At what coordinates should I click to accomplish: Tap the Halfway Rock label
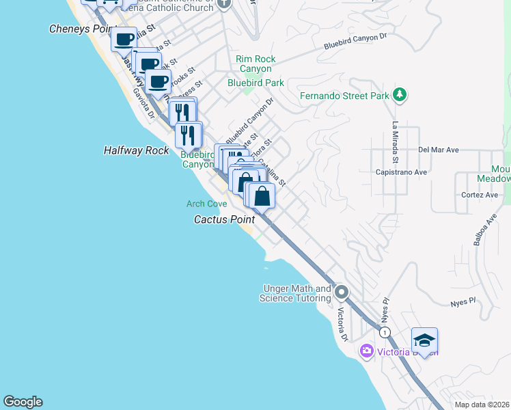point(136,150)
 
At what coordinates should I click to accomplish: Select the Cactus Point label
point(224,219)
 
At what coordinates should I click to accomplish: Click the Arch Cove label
point(206,204)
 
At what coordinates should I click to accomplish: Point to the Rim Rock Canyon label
point(255,64)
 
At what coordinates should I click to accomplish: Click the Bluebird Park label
point(255,83)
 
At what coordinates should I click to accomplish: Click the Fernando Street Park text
point(344,96)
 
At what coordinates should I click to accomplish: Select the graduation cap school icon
point(424,341)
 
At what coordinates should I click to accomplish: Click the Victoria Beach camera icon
point(367,351)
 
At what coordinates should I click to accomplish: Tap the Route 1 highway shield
point(385,332)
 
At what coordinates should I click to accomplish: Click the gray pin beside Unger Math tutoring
point(342,293)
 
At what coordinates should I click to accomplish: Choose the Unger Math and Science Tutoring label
point(296,294)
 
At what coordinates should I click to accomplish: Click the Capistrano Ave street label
point(401,172)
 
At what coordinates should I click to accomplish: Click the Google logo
point(23,402)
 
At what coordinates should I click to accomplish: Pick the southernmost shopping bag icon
point(262,195)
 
